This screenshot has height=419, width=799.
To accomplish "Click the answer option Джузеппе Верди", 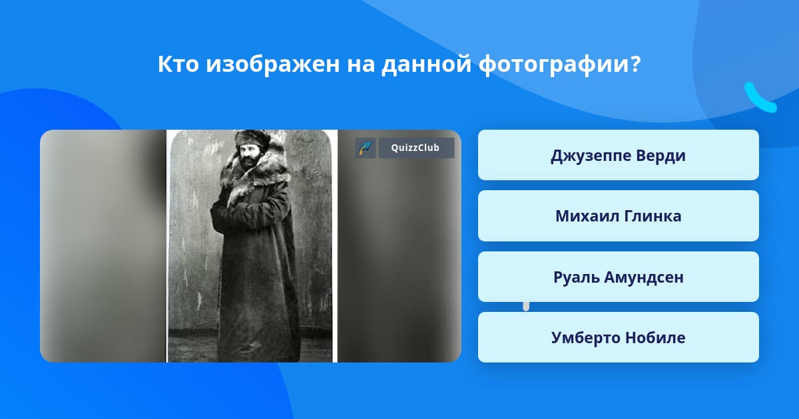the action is click(618, 155).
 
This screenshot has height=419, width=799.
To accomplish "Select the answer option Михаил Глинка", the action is click(618, 216).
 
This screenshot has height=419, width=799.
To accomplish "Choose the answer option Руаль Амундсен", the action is click(618, 277).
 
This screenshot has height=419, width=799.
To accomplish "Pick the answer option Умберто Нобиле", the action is click(618, 337).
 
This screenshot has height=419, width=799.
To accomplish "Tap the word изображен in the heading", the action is click(273, 65).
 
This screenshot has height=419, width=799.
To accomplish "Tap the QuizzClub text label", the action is click(415, 148).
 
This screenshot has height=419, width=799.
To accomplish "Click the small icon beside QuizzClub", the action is click(366, 148).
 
